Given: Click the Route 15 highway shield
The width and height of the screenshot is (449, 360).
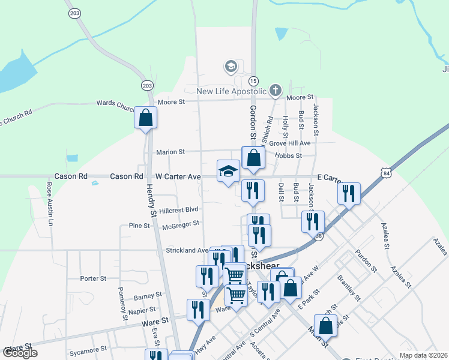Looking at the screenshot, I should coord(253,80).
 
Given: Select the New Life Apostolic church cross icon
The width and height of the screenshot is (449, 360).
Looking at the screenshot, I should coord(276,91).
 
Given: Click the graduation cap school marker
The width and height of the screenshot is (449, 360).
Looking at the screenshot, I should coord(228,172).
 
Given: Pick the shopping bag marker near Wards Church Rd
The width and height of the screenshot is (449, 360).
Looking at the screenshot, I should coord(145,118).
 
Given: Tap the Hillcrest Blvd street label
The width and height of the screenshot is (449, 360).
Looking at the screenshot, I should coord(178,209).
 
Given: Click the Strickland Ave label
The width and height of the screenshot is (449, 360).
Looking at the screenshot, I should coord(187,250).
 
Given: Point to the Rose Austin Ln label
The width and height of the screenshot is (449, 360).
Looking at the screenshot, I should coord(49,205).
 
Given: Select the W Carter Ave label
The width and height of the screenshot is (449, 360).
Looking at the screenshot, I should coord(178,177).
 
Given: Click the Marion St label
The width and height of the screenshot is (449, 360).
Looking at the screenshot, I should coord(170,152).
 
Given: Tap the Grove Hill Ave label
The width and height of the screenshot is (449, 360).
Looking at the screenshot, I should coord(289,143).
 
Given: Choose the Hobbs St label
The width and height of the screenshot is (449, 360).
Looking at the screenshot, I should coord(288,155).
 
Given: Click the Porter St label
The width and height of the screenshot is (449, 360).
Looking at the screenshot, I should coord(93,278).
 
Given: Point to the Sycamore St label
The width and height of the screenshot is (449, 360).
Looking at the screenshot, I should coord(87,348).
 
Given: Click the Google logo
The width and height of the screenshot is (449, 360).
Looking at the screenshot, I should coord(19,353).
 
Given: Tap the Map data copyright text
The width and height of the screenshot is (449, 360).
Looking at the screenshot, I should coord(423,355).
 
